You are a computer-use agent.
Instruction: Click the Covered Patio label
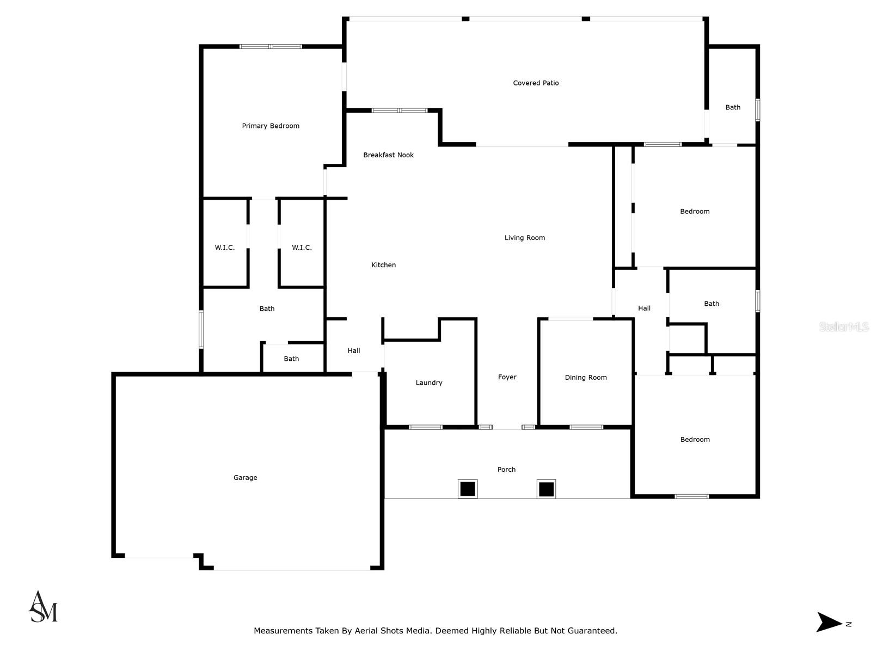[536, 83]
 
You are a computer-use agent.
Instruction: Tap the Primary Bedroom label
[271, 126]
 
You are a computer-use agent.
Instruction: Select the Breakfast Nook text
[388, 155]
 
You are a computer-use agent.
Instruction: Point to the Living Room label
[524, 238]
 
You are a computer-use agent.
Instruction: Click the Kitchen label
[383, 265]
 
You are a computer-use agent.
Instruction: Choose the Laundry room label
[428, 383]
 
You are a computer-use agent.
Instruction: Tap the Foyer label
[507, 377]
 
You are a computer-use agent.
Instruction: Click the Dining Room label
[585, 378]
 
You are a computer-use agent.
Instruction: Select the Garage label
[245, 478]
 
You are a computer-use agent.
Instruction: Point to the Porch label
[506, 470]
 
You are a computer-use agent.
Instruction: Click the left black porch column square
[467, 489]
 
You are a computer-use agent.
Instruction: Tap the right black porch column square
[546, 489]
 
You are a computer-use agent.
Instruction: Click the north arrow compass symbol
[830, 622]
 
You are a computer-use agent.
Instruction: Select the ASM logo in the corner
[43, 607]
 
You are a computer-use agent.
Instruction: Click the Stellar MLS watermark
[844, 327]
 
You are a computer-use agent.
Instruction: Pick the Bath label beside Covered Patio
[733, 108]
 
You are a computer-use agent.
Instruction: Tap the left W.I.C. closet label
[224, 248]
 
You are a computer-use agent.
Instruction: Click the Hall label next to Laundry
[354, 351]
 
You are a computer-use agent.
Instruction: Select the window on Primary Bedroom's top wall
[271, 47]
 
